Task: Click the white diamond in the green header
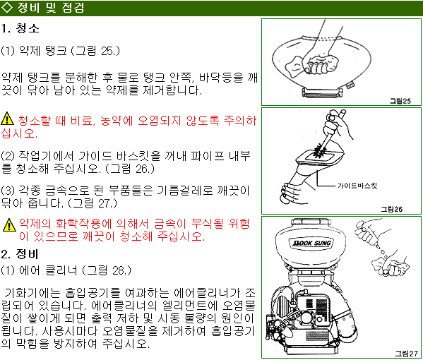7,8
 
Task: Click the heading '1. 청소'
20,28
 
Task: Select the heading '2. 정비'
20,253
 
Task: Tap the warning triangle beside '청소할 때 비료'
7,119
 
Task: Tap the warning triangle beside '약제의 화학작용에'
9,225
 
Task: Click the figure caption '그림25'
400,101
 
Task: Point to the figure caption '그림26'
391,209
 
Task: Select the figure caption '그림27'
406,354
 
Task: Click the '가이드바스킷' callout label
357,186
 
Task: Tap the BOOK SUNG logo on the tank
312,243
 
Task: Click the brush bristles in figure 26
320,151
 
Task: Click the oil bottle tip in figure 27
379,246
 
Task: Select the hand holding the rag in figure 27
391,265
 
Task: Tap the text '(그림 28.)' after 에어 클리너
107,270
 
